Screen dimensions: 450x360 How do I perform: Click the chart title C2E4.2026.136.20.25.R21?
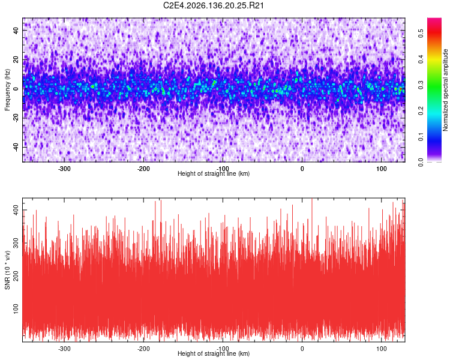pos(213,5)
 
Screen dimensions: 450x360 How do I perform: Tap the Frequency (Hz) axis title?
pos(7,90)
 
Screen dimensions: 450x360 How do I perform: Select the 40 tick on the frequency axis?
pos(16,30)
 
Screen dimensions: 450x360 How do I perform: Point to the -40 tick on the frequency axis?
pos(16,147)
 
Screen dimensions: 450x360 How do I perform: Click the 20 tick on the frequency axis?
pos(16,59)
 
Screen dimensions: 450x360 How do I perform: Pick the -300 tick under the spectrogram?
pos(64,169)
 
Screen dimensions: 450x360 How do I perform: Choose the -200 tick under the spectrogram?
pos(143,169)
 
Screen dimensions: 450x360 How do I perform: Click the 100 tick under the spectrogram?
pos(382,169)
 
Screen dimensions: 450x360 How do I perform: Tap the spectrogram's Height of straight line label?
pos(214,173)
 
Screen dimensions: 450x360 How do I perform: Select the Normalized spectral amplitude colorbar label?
pos(445,90)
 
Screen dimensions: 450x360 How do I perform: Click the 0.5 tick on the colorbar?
pos(421,34)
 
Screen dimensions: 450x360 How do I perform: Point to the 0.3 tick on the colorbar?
pos(421,85)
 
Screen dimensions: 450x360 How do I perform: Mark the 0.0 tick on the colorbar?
pos(421,162)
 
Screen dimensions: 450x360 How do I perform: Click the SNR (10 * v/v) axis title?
pos(7,270)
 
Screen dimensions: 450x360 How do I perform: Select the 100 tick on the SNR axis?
pos(16,308)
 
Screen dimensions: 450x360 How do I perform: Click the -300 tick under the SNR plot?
pos(64,349)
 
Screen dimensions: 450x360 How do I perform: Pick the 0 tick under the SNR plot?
pos(302,349)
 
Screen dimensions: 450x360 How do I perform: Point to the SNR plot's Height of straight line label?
pos(214,353)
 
